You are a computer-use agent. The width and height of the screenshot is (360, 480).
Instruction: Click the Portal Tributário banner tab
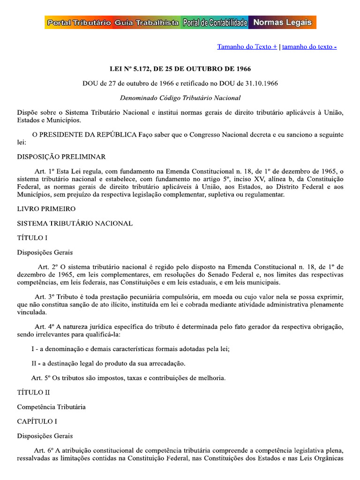pos(78,22)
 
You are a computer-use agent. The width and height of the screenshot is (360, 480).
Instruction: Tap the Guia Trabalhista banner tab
pos(146,22)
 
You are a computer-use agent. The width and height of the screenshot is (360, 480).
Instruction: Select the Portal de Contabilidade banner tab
pos(215,22)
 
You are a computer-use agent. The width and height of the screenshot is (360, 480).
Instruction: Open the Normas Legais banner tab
pos(282,22)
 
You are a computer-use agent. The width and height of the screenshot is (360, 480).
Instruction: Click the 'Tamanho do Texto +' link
pos(247,47)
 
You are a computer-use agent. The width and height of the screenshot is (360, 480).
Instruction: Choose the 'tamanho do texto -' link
pos(309,47)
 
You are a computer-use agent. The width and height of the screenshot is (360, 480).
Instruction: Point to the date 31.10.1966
pos(260,83)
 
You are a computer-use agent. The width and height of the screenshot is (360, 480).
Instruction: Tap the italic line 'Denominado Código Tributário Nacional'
pos(180,98)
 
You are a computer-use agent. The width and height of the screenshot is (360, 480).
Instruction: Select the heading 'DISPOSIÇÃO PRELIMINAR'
pos(61,157)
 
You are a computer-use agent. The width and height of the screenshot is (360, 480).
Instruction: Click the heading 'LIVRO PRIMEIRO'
pos(46,209)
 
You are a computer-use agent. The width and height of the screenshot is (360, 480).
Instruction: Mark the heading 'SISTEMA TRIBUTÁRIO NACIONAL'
pos(75,223)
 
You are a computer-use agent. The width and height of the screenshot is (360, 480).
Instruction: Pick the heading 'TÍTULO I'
pos(32,238)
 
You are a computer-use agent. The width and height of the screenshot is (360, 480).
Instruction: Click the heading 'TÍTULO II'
pos(33,392)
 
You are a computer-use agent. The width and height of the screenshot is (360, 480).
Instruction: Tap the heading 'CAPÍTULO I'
pos(37,421)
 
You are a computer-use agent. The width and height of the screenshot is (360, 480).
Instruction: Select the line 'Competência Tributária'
pos(51,407)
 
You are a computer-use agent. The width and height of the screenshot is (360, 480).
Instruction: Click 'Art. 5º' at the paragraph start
pos(40,378)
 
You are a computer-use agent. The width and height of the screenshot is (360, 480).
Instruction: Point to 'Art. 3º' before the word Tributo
pos(44,297)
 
